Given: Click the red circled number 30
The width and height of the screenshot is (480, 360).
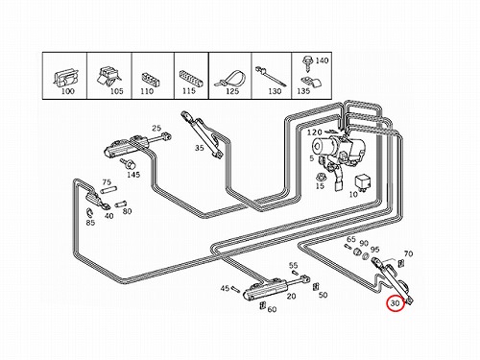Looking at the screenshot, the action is (x=396, y=303).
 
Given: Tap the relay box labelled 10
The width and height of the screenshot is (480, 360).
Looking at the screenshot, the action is (x=364, y=182).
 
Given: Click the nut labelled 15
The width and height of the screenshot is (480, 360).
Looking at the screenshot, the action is (x=320, y=177).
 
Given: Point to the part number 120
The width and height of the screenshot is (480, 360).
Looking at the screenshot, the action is (x=315, y=132).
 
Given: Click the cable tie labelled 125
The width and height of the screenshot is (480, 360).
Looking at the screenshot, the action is (x=230, y=80).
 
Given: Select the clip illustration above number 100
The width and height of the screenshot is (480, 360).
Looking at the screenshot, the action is (x=65, y=79).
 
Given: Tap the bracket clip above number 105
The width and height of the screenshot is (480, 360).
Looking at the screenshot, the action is (x=108, y=77).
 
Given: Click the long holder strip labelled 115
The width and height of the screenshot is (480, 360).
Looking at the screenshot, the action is (x=191, y=79).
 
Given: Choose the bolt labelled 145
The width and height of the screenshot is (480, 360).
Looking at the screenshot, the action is (x=129, y=164).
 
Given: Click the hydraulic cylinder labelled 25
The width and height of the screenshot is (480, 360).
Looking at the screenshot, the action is (x=136, y=145).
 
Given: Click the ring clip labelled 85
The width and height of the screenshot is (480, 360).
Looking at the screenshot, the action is (x=89, y=212).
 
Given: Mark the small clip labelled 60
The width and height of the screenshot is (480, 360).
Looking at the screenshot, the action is (x=263, y=305).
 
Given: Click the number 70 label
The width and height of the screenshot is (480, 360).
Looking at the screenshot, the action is (x=408, y=253).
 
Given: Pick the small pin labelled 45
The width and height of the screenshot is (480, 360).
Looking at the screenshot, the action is (x=235, y=289).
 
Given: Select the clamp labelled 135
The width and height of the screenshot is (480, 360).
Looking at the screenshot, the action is (x=311, y=83).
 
